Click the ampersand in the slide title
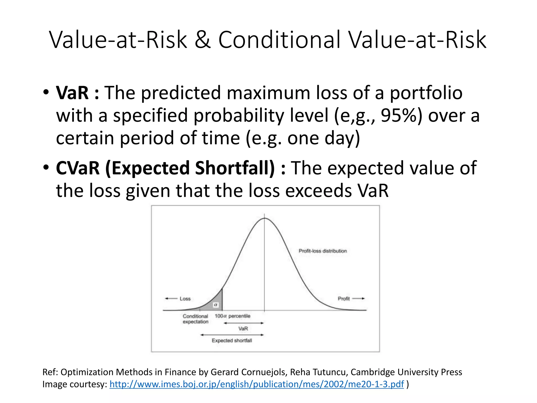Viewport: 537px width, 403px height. tap(203, 40)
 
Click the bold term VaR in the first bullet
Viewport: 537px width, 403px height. tap(72, 93)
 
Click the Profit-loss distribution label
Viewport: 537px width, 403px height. tap(323, 251)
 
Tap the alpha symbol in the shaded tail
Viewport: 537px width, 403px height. tap(216, 305)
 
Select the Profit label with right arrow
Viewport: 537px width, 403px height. tap(351, 299)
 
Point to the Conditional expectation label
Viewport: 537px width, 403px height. tap(195, 319)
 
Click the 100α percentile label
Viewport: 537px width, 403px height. tap(232, 316)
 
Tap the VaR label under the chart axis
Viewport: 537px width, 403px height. tap(243, 329)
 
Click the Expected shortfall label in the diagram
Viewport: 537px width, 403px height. tap(232, 341)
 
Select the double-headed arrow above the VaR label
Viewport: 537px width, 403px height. tap(243, 323)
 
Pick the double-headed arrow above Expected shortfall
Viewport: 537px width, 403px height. tap(232, 335)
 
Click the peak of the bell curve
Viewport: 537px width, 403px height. tap(265, 218)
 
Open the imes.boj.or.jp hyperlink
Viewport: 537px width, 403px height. tap(256, 384)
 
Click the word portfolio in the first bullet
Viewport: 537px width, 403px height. tap(426, 93)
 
